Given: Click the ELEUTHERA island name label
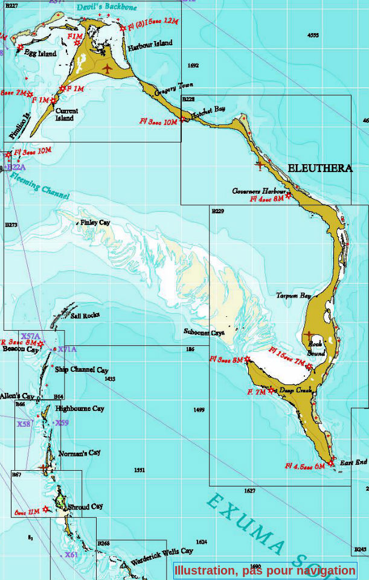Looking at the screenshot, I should tap(319, 168).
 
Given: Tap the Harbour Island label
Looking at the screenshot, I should tap(150, 43).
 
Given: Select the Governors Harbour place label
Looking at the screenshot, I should tap(258, 191).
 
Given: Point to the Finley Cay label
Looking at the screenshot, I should tap(95, 223).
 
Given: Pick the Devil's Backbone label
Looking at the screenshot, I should tap(107, 7).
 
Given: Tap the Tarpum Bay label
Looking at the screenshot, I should tap(294, 296).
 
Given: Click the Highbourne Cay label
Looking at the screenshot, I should tap(79, 409).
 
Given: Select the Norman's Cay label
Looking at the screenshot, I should tap(80, 453).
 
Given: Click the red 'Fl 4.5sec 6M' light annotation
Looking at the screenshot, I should tap(305, 466).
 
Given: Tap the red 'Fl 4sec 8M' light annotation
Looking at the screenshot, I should tap(266, 198).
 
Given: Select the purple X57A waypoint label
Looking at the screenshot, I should tap(30, 336).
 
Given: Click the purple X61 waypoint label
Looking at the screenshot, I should tap(71, 554).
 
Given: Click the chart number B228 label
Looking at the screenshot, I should tap(188, 99).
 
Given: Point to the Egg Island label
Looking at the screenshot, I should tap(40, 53).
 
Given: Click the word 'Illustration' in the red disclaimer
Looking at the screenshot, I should tap(203, 570).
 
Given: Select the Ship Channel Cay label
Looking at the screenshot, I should tap(82, 369).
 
